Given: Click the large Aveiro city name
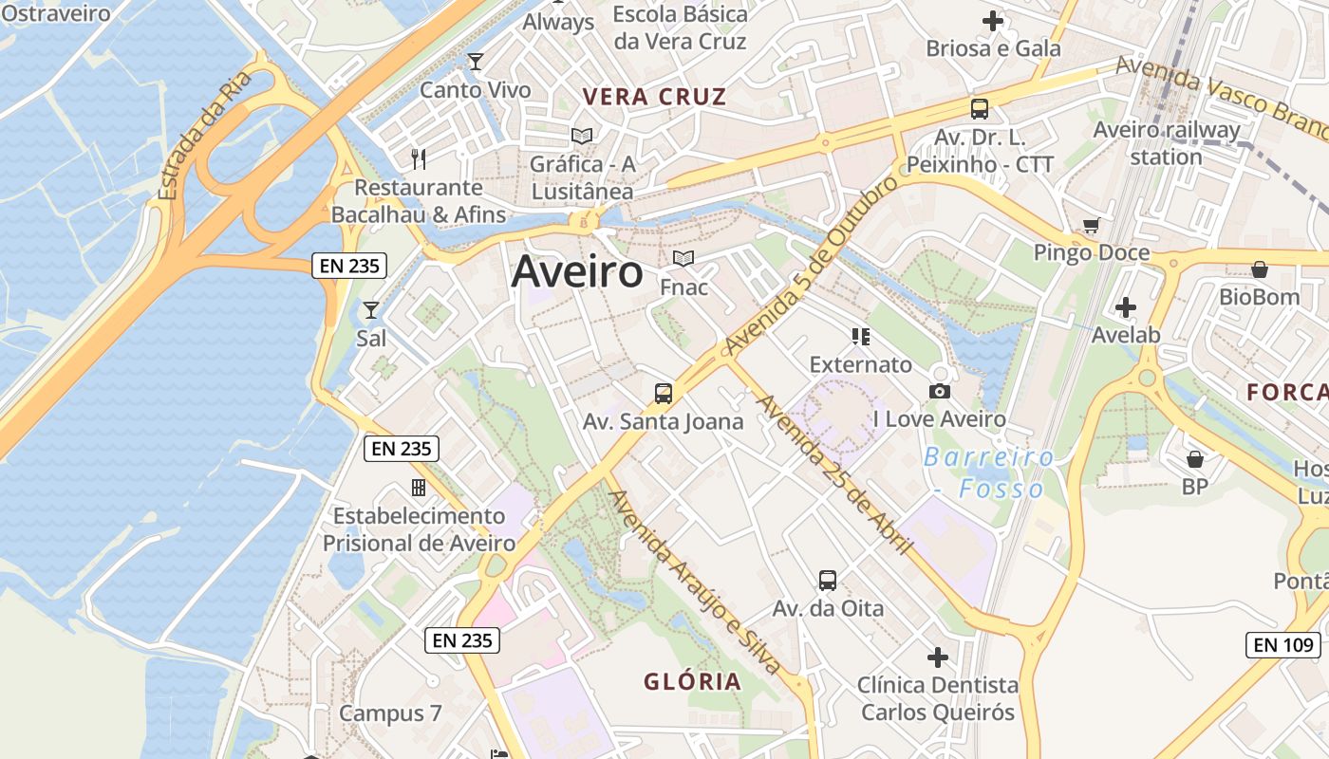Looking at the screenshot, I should coord(577,272).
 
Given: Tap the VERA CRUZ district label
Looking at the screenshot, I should coord(655,97).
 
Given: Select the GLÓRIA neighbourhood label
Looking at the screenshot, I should coord(692,681).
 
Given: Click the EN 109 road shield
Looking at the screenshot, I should coord(1282,645).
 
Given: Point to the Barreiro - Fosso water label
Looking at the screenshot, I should coord(988,472).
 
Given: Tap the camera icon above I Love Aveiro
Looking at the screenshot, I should coord(940,391).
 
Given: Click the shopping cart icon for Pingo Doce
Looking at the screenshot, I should coord(1091,226).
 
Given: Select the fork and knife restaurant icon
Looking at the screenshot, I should coord(419,158).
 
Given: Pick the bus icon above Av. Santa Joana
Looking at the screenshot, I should coord(664,393).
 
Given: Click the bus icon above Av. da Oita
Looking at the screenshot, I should coord(828,580).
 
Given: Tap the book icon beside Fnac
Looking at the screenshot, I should coord(683,258).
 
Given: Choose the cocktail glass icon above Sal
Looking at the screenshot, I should coord(370,310).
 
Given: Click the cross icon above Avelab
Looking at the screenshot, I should coord(1126,307).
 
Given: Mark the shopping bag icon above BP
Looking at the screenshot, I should coord(1195,459).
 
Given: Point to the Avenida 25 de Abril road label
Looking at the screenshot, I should coord(833,473).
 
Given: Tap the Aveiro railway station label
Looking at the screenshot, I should coord(1167,143).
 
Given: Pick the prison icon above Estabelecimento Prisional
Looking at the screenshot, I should coord(418,488).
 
